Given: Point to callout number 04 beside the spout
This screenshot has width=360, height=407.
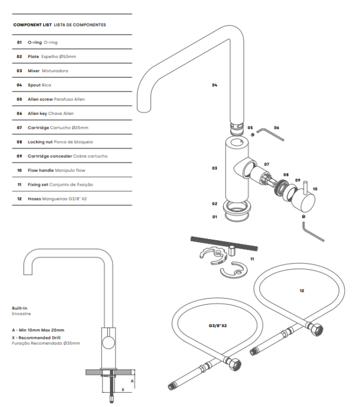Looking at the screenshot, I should (x=215, y=85).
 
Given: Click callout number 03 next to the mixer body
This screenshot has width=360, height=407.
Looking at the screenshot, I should (x=215, y=167).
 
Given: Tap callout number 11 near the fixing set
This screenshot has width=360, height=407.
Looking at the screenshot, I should (x=251, y=259).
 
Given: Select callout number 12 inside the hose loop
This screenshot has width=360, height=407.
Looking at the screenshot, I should (x=302, y=290).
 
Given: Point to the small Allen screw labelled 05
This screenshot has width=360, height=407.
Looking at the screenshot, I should (x=251, y=134).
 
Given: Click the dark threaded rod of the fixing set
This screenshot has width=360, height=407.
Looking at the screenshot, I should (x=224, y=243).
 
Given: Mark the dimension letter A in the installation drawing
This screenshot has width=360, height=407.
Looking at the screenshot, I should (x=132, y=380).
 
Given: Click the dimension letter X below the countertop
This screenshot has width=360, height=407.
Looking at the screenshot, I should (x=123, y=389).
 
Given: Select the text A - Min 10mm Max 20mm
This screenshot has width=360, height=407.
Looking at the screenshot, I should (x=38, y=330).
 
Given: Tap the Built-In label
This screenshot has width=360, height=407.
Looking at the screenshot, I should (x=19, y=308).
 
